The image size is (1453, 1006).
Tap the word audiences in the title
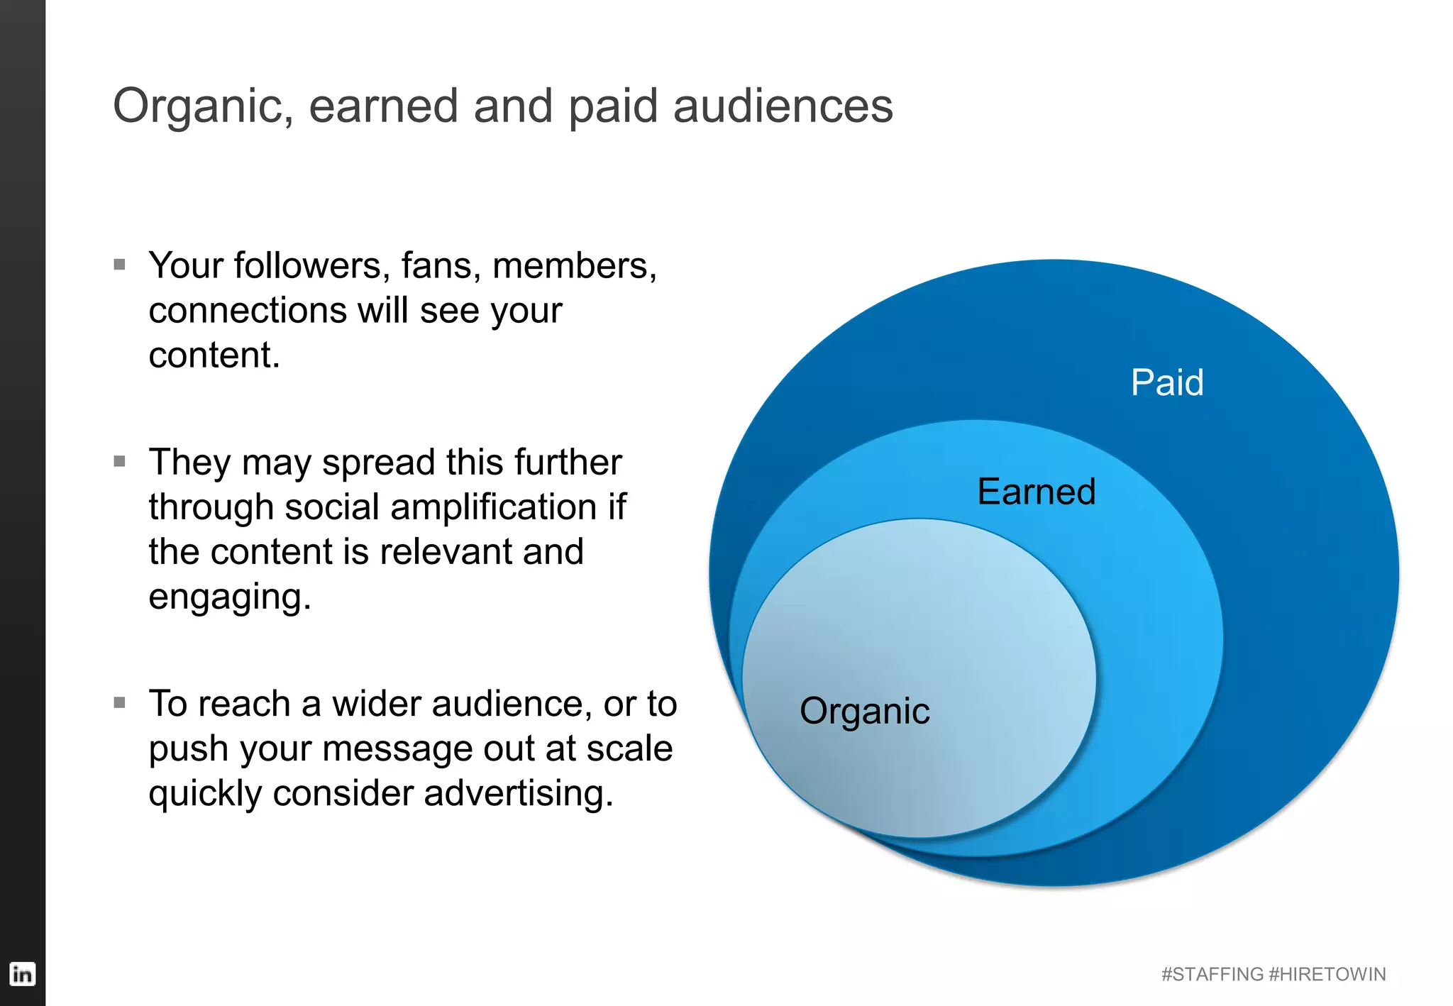click(x=783, y=106)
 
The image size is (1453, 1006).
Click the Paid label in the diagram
click(x=1167, y=382)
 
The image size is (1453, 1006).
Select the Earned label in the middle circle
click(x=1036, y=492)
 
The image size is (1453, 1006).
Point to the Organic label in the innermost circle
click(x=864, y=712)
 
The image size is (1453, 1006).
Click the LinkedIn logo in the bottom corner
click(x=22, y=973)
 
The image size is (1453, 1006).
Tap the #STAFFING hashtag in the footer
click(x=1212, y=974)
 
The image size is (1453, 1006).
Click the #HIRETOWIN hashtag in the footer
click(x=1327, y=974)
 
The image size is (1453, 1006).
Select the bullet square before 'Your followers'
click(x=120, y=265)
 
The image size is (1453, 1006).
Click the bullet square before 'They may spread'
click(x=120, y=461)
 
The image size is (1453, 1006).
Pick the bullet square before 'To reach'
click(x=120, y=703)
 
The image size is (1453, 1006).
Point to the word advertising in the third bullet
click(x=518, y=794)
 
